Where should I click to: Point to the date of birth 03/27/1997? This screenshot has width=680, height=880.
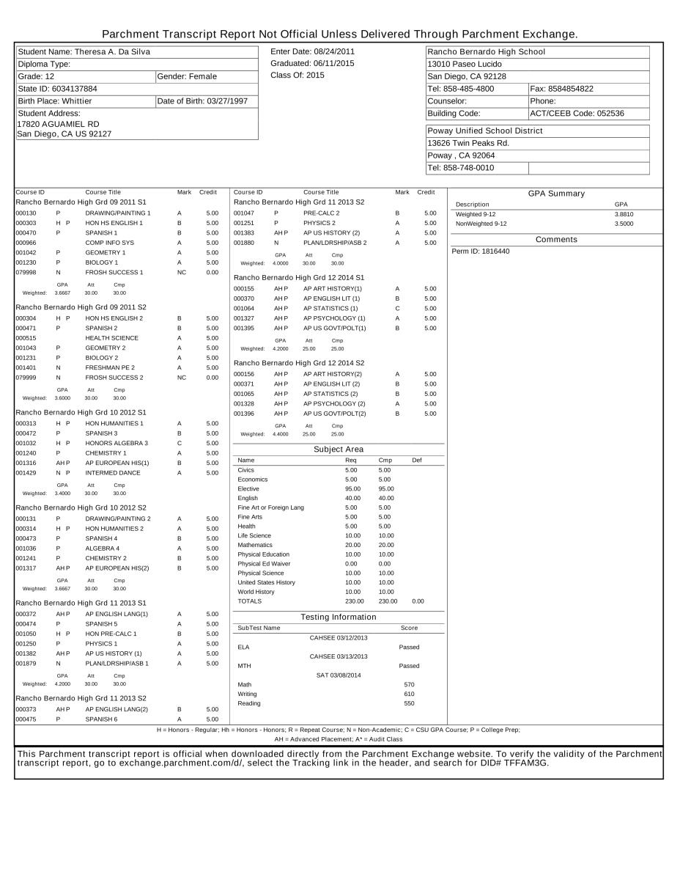227,101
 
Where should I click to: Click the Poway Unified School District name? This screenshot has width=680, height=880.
485,131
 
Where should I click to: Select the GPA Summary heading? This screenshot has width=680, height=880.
556,194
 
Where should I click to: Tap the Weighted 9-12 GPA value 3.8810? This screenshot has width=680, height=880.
624,214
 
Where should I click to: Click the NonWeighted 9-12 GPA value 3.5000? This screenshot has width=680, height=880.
624,224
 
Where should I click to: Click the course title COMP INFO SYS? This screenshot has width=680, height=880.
109,243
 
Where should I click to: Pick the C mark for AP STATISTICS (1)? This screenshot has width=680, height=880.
397,309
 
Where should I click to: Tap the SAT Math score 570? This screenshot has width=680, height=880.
409,685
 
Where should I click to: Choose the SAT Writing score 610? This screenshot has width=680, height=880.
409,694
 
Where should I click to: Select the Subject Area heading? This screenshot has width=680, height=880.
339,450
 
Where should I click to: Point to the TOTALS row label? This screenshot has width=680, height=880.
249,601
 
